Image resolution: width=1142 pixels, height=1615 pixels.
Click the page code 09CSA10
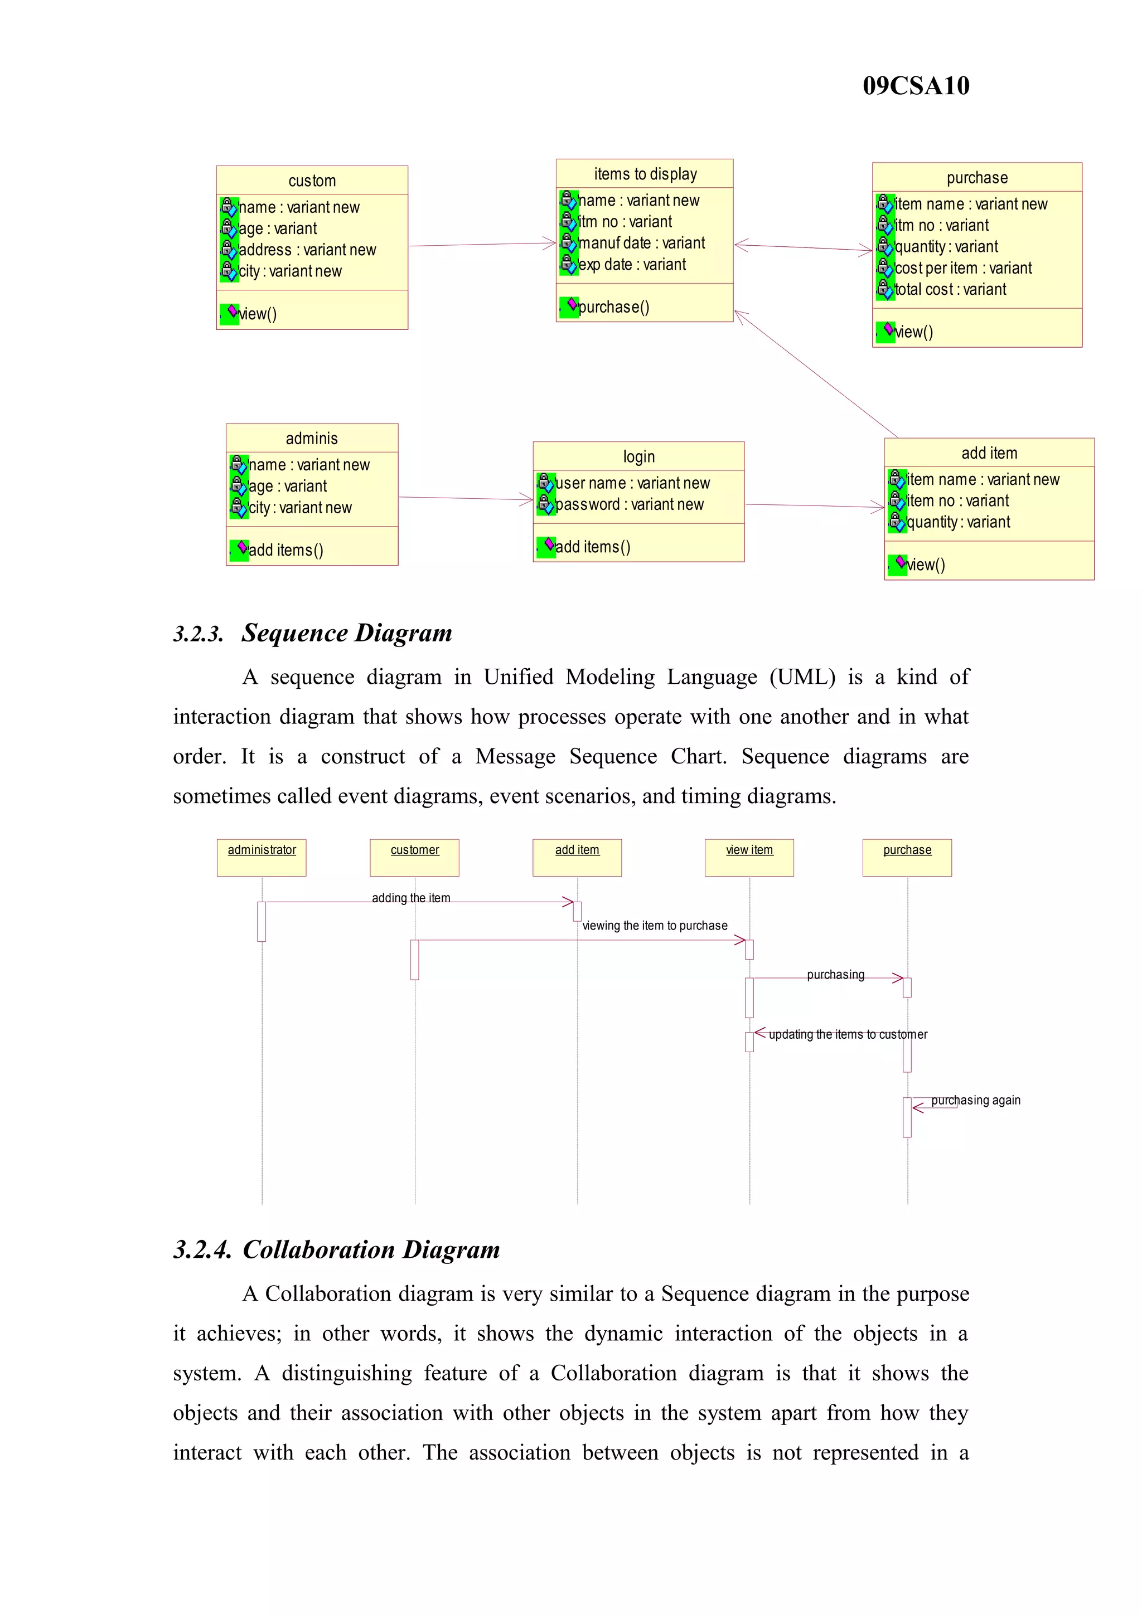[916, 86]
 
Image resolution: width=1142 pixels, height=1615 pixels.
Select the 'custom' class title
[312, 181]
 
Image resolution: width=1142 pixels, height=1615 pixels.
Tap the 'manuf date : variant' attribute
[641, 244]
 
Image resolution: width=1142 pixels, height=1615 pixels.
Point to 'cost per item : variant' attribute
[962, 268]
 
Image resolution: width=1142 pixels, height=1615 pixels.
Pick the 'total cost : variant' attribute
[950, 289]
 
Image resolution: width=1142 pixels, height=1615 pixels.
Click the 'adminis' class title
[312, 438]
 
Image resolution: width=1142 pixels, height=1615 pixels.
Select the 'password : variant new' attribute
[629, 504]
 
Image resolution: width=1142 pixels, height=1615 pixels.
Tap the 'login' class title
[638, 456]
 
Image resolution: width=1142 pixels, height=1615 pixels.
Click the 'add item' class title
[989, 453]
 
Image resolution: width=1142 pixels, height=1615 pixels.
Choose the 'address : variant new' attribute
[307, 250]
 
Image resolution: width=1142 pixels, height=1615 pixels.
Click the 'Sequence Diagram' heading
[346, 633]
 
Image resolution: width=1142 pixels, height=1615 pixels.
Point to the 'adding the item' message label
[411, 898]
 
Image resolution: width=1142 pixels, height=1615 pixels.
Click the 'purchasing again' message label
[975, 1100]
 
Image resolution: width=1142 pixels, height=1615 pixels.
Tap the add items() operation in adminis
[285, 550]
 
